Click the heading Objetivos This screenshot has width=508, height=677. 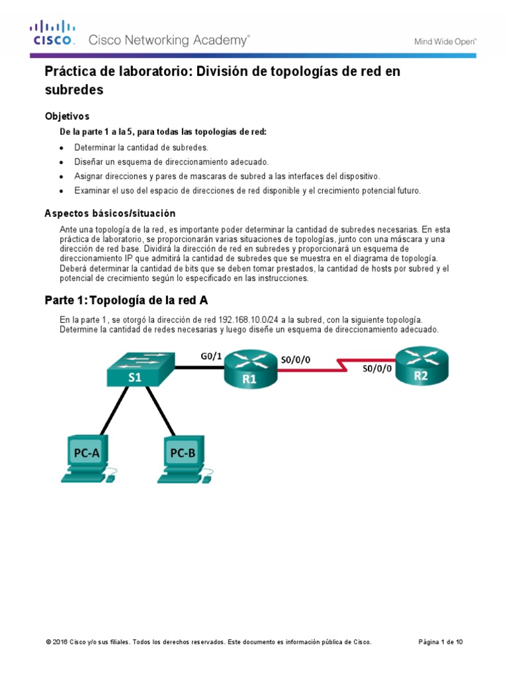point(71,116)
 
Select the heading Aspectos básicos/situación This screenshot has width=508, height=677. point(110,214)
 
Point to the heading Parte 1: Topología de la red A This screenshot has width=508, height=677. point(126,300)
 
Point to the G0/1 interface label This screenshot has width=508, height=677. point(211,356)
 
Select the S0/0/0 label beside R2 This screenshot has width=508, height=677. point(377,370)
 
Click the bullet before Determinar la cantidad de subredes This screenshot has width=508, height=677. point(62,147)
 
